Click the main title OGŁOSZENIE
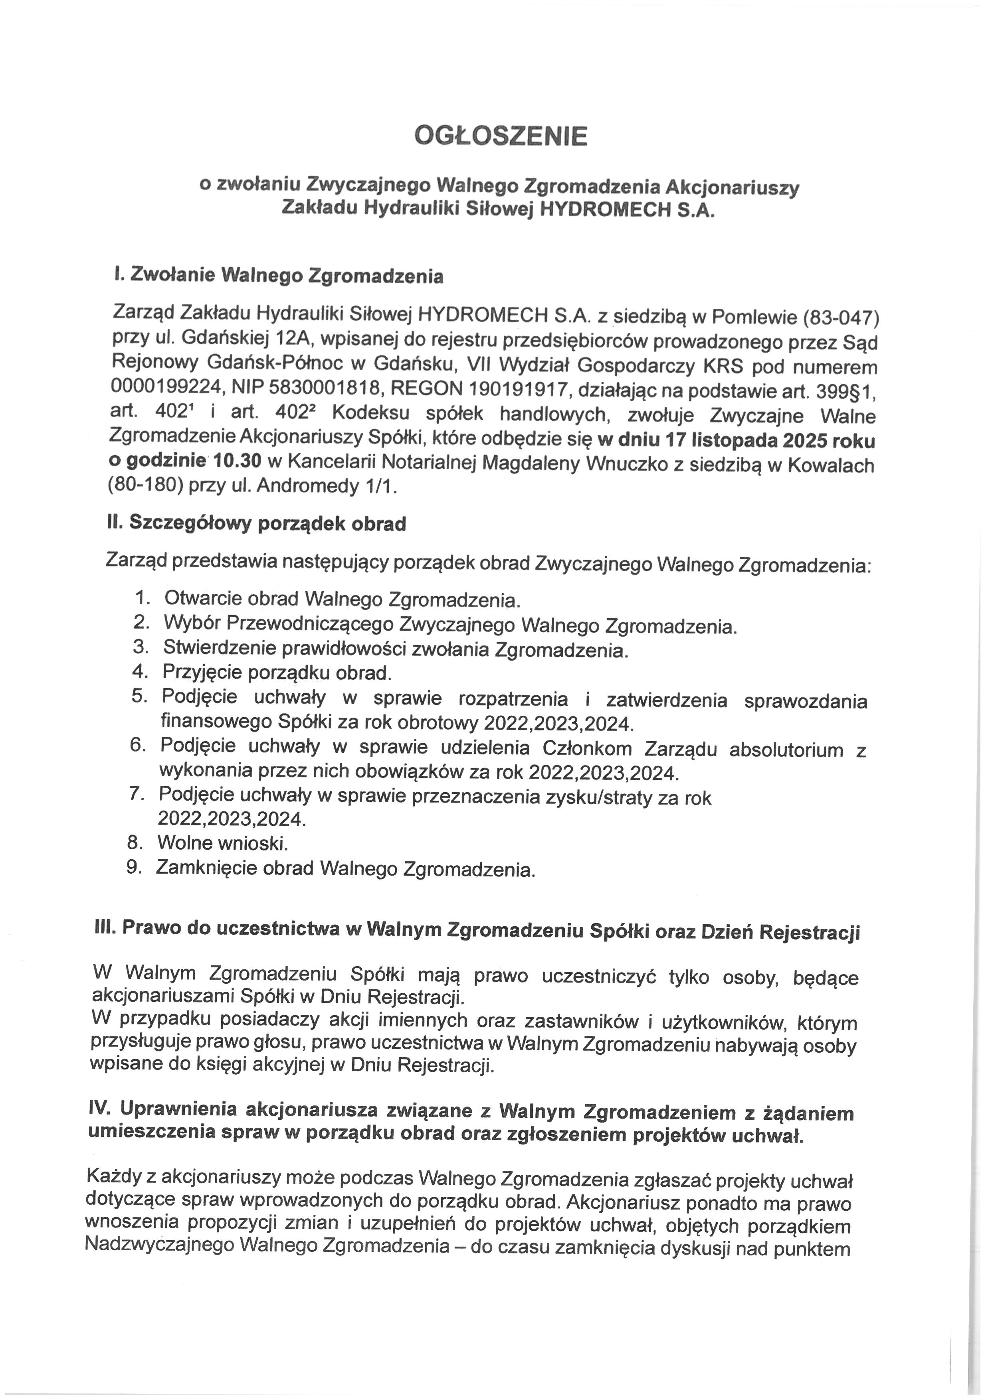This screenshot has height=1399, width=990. [x=501, y=136]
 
